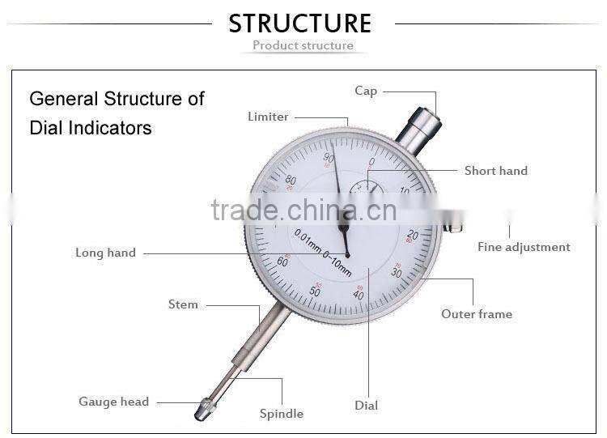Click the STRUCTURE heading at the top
click(300, 23)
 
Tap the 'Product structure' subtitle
click(303, 45)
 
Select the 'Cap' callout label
click(366, 91)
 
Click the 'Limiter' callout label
click(268, 117)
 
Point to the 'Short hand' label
click(495, 171)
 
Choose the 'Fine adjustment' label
click(524, 247)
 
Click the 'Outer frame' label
click(477, 313)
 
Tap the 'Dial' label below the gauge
click(366, 405)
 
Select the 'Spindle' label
click(282, 414)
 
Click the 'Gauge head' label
click(113, 402)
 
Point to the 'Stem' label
click(183, 304)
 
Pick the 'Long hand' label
click(105, 253)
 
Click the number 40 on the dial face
click(359, 295)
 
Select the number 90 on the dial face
click(329, 158)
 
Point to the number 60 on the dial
click(282, 262)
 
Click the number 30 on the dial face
click(397, 273)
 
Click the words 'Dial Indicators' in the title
click(91, 128)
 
